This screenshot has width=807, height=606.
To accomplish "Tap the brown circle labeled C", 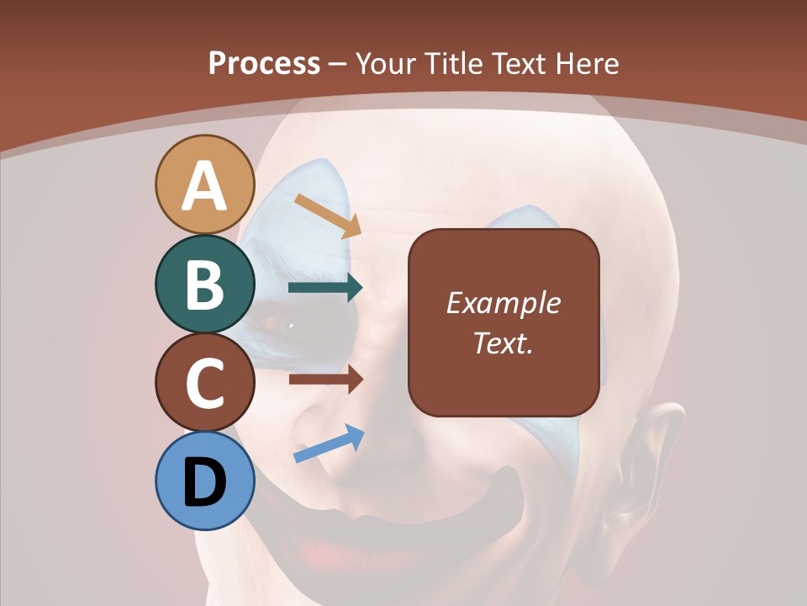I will coord(204,382).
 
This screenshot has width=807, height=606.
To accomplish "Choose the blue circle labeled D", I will coord(204,481).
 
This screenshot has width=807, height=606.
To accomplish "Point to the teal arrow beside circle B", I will coord(325,288).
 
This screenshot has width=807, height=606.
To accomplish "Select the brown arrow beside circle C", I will coord(325,380).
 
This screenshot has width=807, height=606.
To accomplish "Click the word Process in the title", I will coord(264,63).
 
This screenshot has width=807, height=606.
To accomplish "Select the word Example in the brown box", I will coord(503,303).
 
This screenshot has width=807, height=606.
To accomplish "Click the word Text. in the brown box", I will coord(503,343).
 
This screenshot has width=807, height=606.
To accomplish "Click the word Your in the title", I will coord(386,63).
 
